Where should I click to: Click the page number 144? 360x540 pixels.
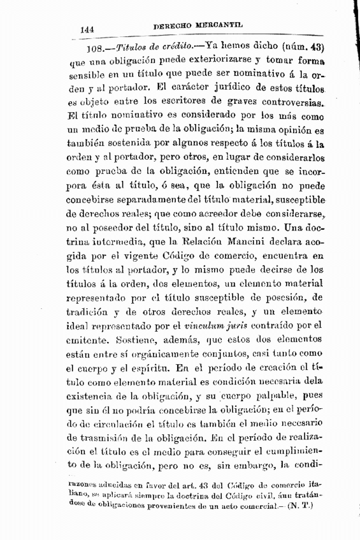87,29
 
